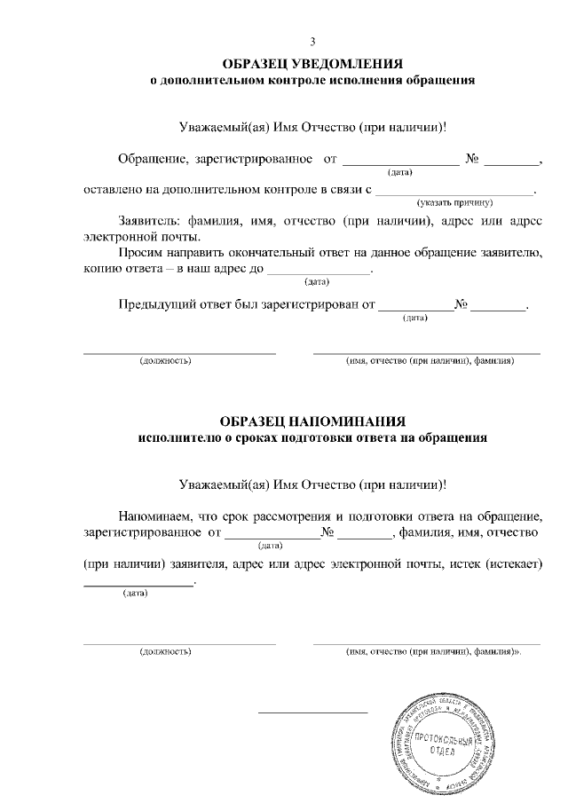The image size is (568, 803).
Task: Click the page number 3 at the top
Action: point(312,42)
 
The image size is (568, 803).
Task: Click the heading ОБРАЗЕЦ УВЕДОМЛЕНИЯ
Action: point(312,64)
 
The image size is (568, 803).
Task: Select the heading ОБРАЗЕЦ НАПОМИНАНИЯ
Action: point(312,421)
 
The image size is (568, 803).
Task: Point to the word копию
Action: point(102,270)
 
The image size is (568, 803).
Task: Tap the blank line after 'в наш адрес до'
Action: point(319,272)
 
